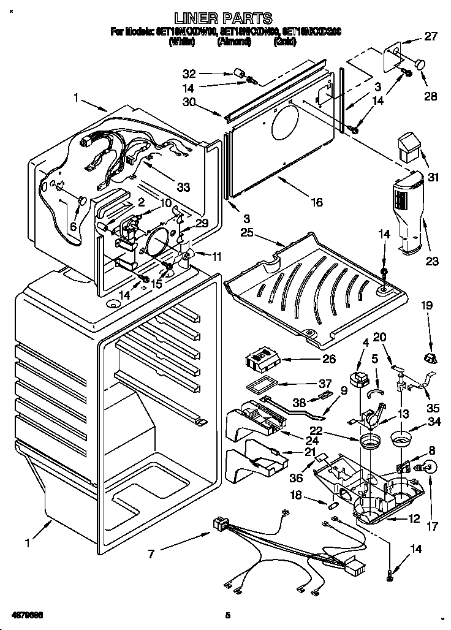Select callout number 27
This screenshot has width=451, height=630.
coord(431,36)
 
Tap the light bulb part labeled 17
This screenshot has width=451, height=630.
coord(427,468)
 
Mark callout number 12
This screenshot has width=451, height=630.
coord(414,518)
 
